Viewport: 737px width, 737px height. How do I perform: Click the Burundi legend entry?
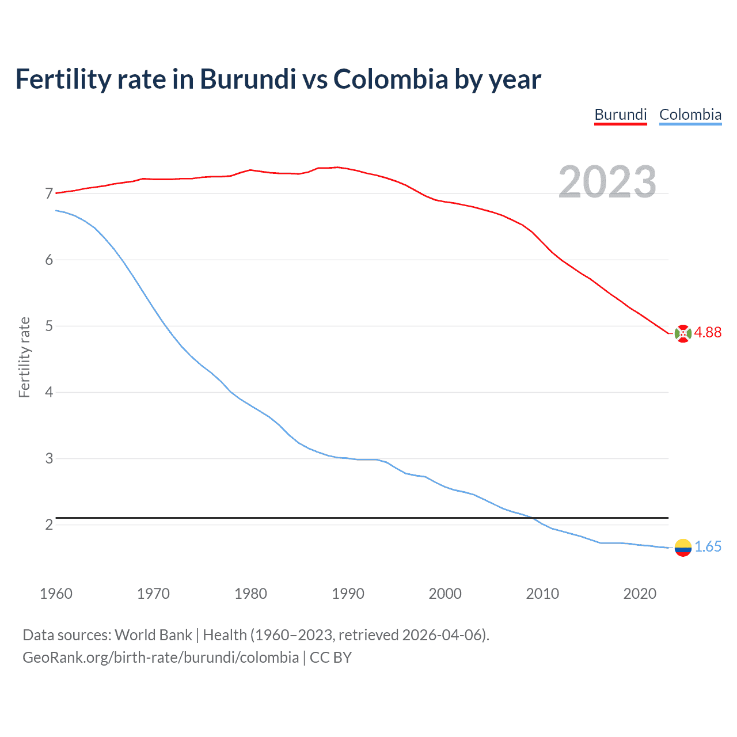(620, 115)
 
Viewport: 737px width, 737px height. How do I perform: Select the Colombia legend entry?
(690, 115)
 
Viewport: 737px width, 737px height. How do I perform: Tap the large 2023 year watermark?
(607, 182)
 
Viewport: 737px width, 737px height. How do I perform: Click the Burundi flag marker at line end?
(683, 333)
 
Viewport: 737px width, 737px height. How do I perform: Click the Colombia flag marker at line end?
(683, 548)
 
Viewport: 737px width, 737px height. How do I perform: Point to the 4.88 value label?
(708, 333)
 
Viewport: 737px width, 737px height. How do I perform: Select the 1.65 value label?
(708, 547)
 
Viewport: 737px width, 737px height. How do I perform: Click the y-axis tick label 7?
(49, 193)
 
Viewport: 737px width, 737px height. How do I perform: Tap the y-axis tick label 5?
(49, 326)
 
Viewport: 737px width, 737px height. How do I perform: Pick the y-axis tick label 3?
(49, 459)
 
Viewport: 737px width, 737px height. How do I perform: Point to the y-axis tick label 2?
(49, 525)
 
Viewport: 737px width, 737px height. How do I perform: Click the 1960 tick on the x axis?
(56, 594)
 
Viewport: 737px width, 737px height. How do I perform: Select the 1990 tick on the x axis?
(348, 594)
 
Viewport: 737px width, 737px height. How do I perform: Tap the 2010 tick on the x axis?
(542, 594)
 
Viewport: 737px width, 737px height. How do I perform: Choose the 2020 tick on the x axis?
(640, 594)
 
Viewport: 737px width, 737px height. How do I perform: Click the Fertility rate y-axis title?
(24, 357)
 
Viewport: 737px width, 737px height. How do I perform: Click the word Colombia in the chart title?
(390, 79)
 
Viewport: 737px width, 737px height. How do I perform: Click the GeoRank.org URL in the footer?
(161, 658)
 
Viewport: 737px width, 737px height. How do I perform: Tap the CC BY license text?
(330, 658)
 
